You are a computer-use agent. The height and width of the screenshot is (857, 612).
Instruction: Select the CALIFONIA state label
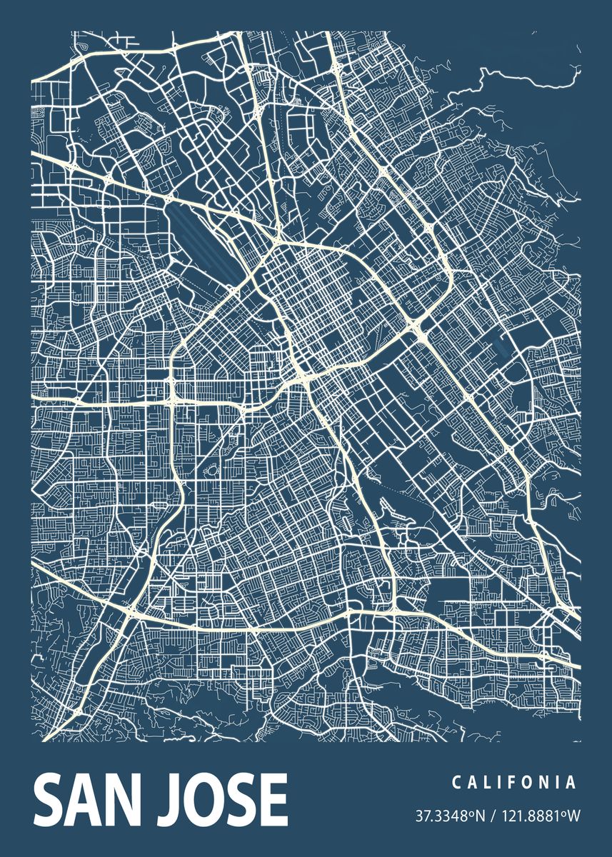click(x=513, y=783)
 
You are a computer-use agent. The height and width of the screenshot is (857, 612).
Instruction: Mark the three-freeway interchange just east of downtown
click(x=418, y=327)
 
